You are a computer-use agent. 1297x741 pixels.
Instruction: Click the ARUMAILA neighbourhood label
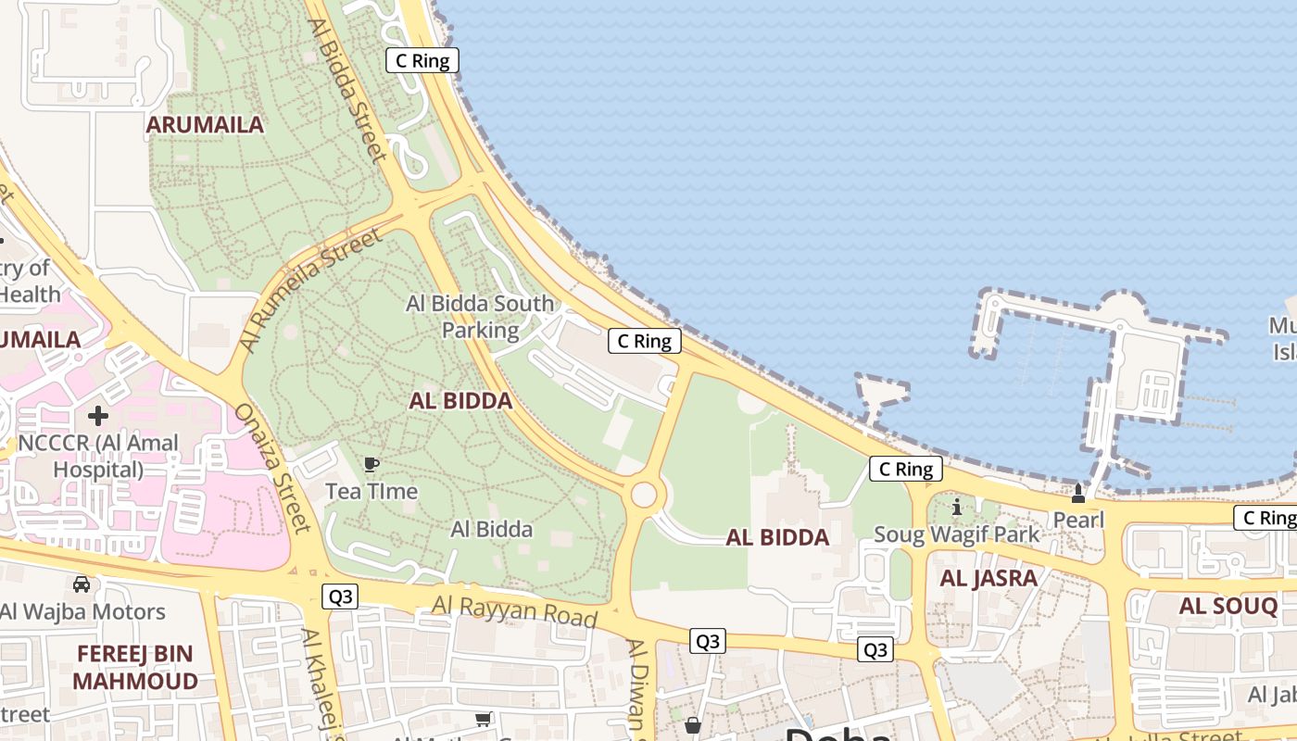coord(205,125)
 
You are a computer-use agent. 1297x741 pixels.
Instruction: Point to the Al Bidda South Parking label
coord(480,317)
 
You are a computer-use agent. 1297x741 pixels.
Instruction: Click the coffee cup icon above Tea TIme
coord(371,464)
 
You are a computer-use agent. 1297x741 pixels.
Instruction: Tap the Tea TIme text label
coord(371,491)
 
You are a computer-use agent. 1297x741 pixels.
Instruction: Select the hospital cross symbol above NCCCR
coord(98,416)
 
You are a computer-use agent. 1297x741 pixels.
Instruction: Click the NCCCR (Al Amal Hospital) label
coord(98,456)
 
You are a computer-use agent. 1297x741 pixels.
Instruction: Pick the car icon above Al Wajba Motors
coord(82,584)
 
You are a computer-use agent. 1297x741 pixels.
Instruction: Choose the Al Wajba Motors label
coord(82,611)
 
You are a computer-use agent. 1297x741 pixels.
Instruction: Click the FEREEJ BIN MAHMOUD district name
coord(134,667)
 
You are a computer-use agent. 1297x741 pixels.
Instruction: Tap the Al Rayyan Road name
coord(514,611)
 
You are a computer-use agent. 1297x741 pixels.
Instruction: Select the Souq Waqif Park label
coord(957,534)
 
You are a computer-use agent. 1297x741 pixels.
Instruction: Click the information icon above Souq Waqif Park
coord(957,508)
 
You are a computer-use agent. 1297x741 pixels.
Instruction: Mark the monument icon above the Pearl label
coord(1078,493)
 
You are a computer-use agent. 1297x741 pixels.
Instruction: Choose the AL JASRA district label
coord(988,579)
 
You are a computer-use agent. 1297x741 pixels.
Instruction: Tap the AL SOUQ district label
coord(1228,607)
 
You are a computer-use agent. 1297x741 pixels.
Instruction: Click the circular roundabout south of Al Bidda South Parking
coord(645,495)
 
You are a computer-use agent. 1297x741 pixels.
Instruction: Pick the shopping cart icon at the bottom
coord(483,720)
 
